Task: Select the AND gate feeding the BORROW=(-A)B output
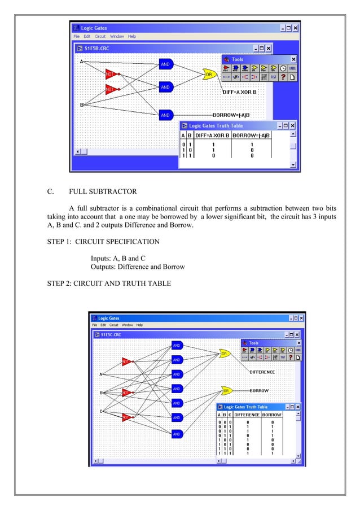point(165,115)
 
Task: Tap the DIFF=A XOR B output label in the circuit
point(239,91)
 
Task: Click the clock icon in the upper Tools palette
point(283,68)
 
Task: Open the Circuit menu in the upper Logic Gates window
point(100,36)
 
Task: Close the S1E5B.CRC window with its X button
point(269,49)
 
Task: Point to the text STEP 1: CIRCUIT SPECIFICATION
point(103,242)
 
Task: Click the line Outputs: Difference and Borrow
point(138,267)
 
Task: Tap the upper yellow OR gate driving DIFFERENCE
point(224,354)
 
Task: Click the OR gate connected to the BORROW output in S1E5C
point(227,390)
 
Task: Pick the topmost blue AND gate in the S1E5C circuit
point(177,345)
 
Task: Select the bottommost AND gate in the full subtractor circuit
point(177,434)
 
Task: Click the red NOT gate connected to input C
point(126,417)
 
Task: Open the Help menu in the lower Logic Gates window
point(139,325)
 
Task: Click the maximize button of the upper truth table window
point(285,126)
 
